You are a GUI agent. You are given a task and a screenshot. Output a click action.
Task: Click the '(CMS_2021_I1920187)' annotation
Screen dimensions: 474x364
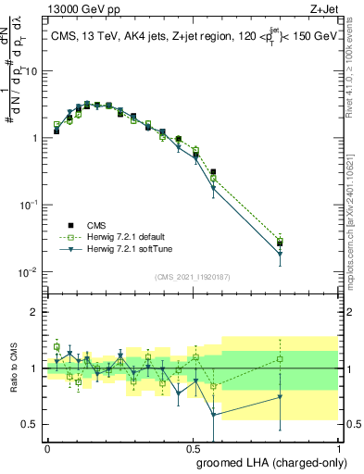pyautogui.click(x=193, y=276)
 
